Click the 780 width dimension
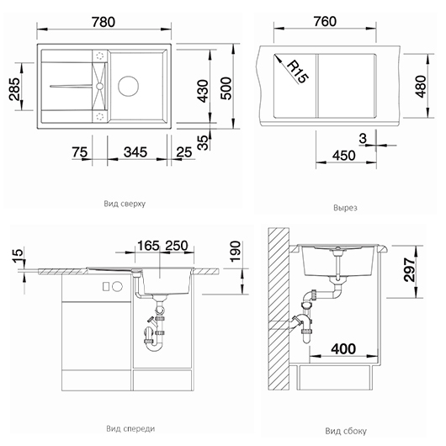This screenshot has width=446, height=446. (x=104, y=22)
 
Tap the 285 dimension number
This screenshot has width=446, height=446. (x=14, y=88)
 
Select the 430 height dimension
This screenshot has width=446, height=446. (x=203, y=91)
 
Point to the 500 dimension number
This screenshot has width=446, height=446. (x=226, y=88)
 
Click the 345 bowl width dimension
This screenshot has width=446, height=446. (x=135, y=152)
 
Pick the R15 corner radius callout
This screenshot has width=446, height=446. (x=298, y=72)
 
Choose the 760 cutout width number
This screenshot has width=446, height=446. (x=325, y=22)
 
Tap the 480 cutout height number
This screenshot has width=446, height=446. (x=421, y=87)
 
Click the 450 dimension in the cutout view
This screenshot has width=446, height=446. (x=344, y=156)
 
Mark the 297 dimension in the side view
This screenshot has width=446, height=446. (x=410, y=269)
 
